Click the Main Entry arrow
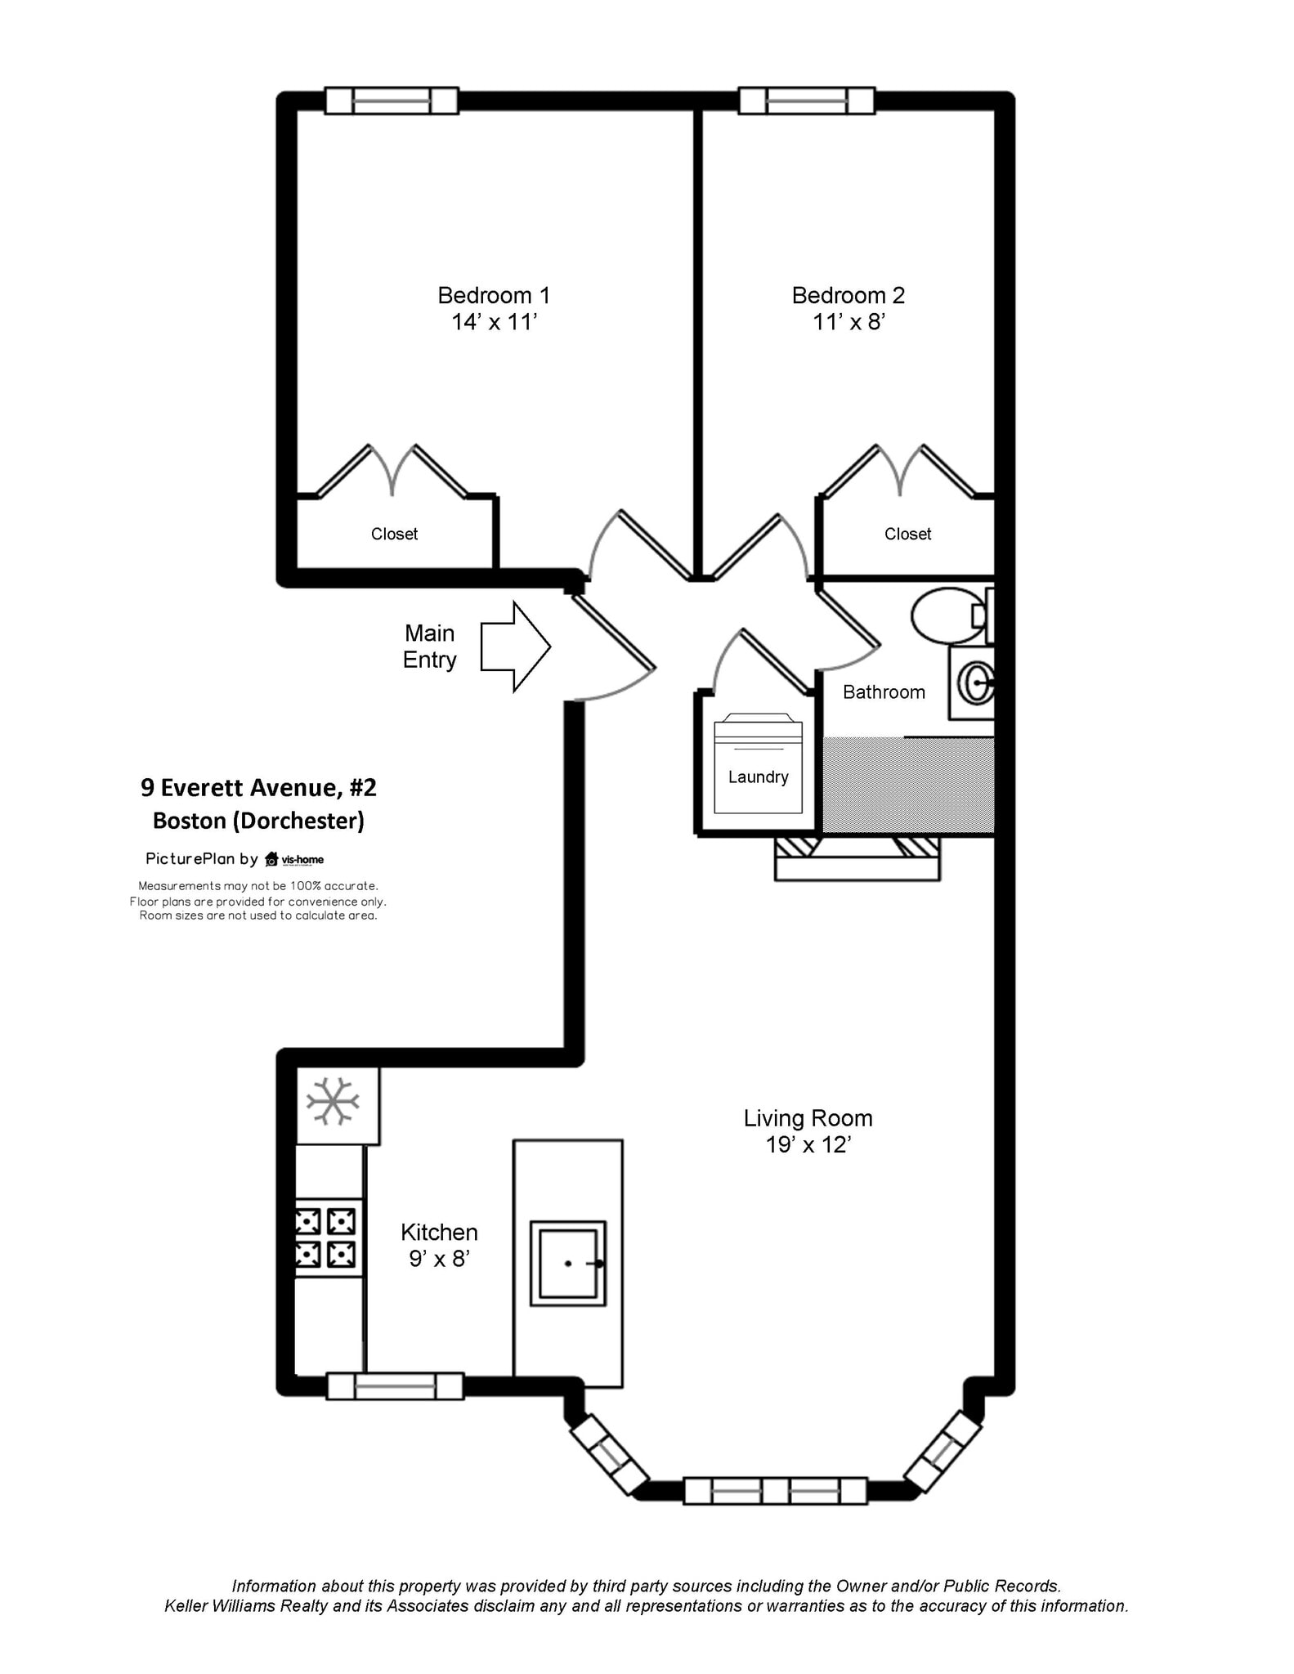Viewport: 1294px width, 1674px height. click(x=515, y=647)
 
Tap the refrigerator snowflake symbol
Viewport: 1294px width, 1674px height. click(x=333, y=1101)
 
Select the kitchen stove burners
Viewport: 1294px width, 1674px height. click(x=326, y=1238)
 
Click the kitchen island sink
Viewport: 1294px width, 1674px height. click(x=568, y=1263)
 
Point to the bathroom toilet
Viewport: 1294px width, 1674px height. click(x=952, y=615)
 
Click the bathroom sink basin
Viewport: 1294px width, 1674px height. click(x=976, y=683)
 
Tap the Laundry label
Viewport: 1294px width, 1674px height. click(x=758, y=777)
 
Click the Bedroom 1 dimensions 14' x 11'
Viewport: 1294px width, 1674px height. click(x=494, y=322)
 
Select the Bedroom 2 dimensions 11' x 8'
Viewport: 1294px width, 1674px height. click(x=848, y=322)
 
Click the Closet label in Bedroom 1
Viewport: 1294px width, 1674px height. click(x=394, y=534)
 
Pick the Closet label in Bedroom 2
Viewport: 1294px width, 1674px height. click(x=907, y=534)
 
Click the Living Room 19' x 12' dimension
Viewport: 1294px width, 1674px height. click(x=808, y=1144)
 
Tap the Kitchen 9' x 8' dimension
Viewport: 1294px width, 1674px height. click(x=439, y=1259)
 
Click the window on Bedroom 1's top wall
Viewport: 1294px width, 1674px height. click(x=392, y=101)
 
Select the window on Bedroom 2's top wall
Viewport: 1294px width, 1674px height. click(x=807, y=101)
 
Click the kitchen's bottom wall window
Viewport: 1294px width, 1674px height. click(x=395, y=1386)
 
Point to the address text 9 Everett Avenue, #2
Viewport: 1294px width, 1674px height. click(x=258, y=788)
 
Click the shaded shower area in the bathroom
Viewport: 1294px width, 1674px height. click(x=908, y=785)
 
